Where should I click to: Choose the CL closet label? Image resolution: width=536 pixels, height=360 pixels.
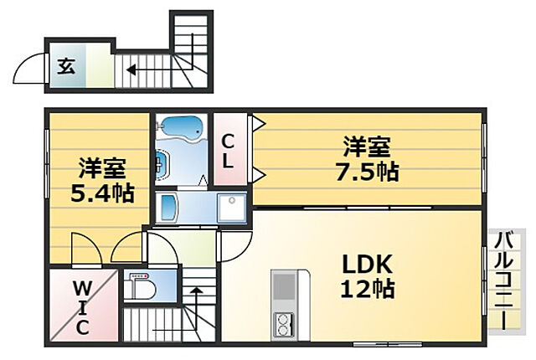228,151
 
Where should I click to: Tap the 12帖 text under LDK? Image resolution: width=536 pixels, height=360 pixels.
367,290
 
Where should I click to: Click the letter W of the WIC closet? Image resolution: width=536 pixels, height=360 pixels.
81,287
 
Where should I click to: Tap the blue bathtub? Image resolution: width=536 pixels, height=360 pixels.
180,128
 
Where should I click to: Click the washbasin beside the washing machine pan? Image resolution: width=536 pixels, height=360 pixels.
167,206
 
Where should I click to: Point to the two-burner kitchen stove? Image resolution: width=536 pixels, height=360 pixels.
285,322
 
